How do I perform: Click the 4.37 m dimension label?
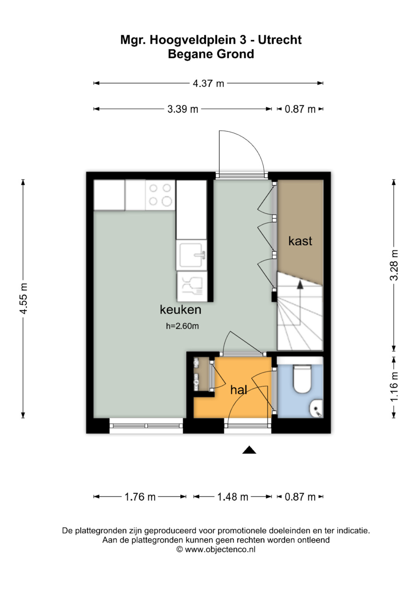(x=208, y=84)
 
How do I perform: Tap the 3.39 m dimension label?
(x=183, y=109)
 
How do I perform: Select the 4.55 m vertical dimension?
(x=24, y=299)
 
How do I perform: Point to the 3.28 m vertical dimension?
(x=394, y=265)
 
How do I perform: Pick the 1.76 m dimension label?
(x=140, y=497)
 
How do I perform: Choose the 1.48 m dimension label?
(x=233, y=497)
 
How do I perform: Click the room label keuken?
(x=181, y=310)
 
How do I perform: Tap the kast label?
(x=300, y=241)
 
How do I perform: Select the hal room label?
(x=239, y=390)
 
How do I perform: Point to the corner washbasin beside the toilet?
(x=316, y=408)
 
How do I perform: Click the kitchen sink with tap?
(x=192, y=255)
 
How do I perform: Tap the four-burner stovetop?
(x=160, y=195)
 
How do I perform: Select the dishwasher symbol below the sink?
(x=192, y=286)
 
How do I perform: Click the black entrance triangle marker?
(x=249, y=450)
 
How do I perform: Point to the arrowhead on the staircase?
(x=300, y=284)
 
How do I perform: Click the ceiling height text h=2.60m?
(x=182, y=326)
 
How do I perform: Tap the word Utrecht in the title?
(x=280, y=40)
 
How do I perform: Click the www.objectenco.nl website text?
(x=220, y=549)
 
